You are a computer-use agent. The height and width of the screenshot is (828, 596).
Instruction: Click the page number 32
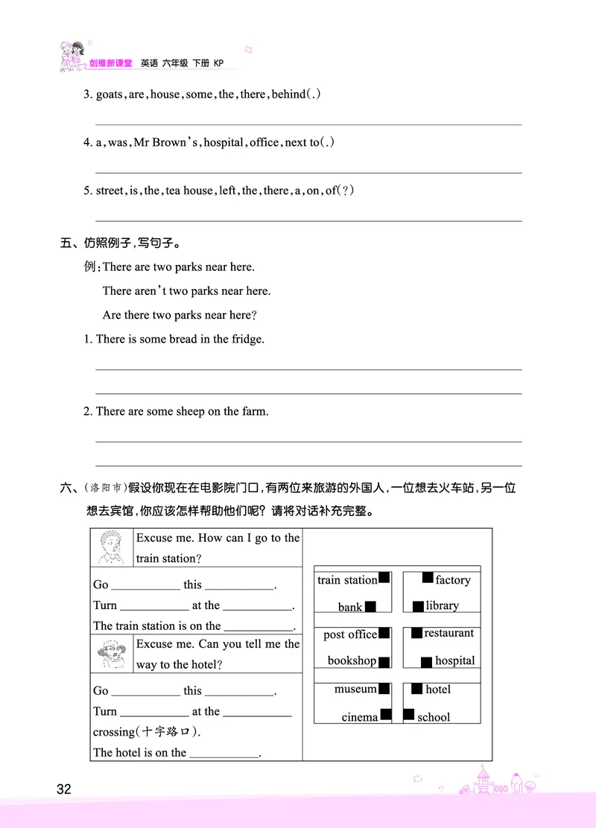tap(63, 789)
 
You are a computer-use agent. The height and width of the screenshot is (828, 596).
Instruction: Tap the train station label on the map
tap(347, 580)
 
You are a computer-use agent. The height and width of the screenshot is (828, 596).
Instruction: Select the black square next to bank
tap(370, 606)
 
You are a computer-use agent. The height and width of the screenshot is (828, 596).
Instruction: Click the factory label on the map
tap(453, 579)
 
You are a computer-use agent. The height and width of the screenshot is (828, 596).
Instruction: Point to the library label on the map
tap(443, 605)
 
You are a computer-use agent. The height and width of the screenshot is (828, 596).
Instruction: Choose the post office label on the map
tap(350, 634)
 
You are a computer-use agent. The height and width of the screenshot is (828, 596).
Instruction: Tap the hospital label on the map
tap(454, 660)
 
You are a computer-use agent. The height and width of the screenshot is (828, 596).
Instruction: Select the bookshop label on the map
tap(352, 660)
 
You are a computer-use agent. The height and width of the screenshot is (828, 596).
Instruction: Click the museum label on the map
tap(355, 689)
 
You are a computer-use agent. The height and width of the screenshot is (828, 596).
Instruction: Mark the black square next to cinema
tap(386, 715)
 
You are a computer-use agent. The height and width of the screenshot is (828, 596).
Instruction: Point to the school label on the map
tap(434, 717)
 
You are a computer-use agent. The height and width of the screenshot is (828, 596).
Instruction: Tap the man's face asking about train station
tap(111, 549)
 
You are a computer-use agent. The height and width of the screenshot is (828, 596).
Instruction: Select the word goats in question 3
tap(110, 95)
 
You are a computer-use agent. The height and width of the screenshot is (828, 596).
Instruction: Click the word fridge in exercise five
tap(248, 339)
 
